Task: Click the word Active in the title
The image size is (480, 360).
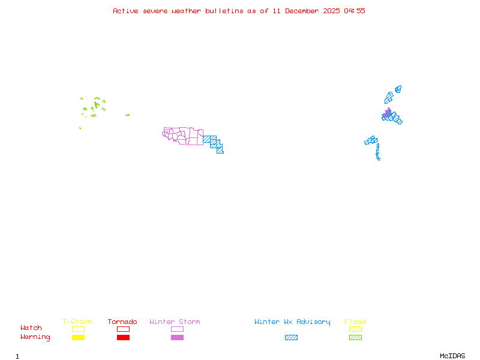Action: [125, 11]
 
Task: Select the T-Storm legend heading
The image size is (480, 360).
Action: [77, 322]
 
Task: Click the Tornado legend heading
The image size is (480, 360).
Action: [122, 322]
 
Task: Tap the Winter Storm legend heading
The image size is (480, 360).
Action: [175, 322]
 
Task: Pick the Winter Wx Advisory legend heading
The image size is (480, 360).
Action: [292, 322]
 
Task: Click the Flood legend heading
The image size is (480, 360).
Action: [355, 322]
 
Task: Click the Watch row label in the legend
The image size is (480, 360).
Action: [31, 328]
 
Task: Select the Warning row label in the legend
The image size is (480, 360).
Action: [35, 337]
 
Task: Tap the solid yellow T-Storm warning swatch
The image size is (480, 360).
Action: [78, 338]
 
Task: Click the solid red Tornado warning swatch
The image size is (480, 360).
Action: [123, 338]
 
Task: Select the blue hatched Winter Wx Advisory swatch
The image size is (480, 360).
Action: [291, 338]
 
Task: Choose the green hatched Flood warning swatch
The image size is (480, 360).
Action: [355, 338]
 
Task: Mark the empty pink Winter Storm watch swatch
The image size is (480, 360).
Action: [177, 329]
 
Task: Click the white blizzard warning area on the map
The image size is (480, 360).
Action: [380, 159]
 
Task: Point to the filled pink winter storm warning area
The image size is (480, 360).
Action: [388, 113]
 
